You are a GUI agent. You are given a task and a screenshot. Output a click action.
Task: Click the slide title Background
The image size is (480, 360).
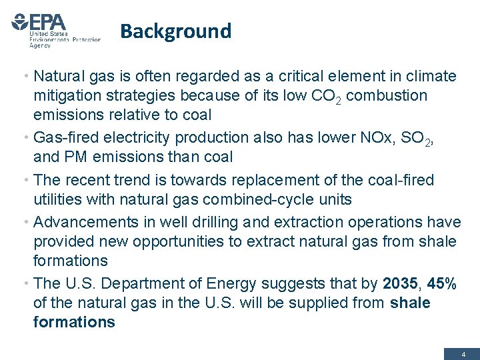(x=176, y=31)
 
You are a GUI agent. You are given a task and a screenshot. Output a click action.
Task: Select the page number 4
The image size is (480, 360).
(x=463, y=355)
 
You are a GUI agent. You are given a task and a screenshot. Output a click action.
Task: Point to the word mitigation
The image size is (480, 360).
(x=69, y=96)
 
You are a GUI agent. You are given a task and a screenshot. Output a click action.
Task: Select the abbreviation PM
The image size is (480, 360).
(x=81, y=157)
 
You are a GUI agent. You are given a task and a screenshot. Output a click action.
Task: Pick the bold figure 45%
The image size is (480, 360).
(x=441, y=283)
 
